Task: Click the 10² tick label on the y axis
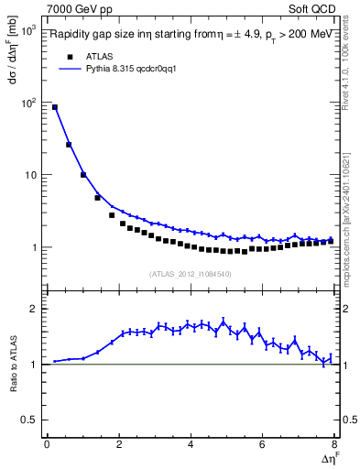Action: (x=27, y=104)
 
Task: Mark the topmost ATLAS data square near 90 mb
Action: (x=54, y=107)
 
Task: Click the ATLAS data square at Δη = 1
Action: (x=83, y=175)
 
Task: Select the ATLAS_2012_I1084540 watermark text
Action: (x=191, y=273)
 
